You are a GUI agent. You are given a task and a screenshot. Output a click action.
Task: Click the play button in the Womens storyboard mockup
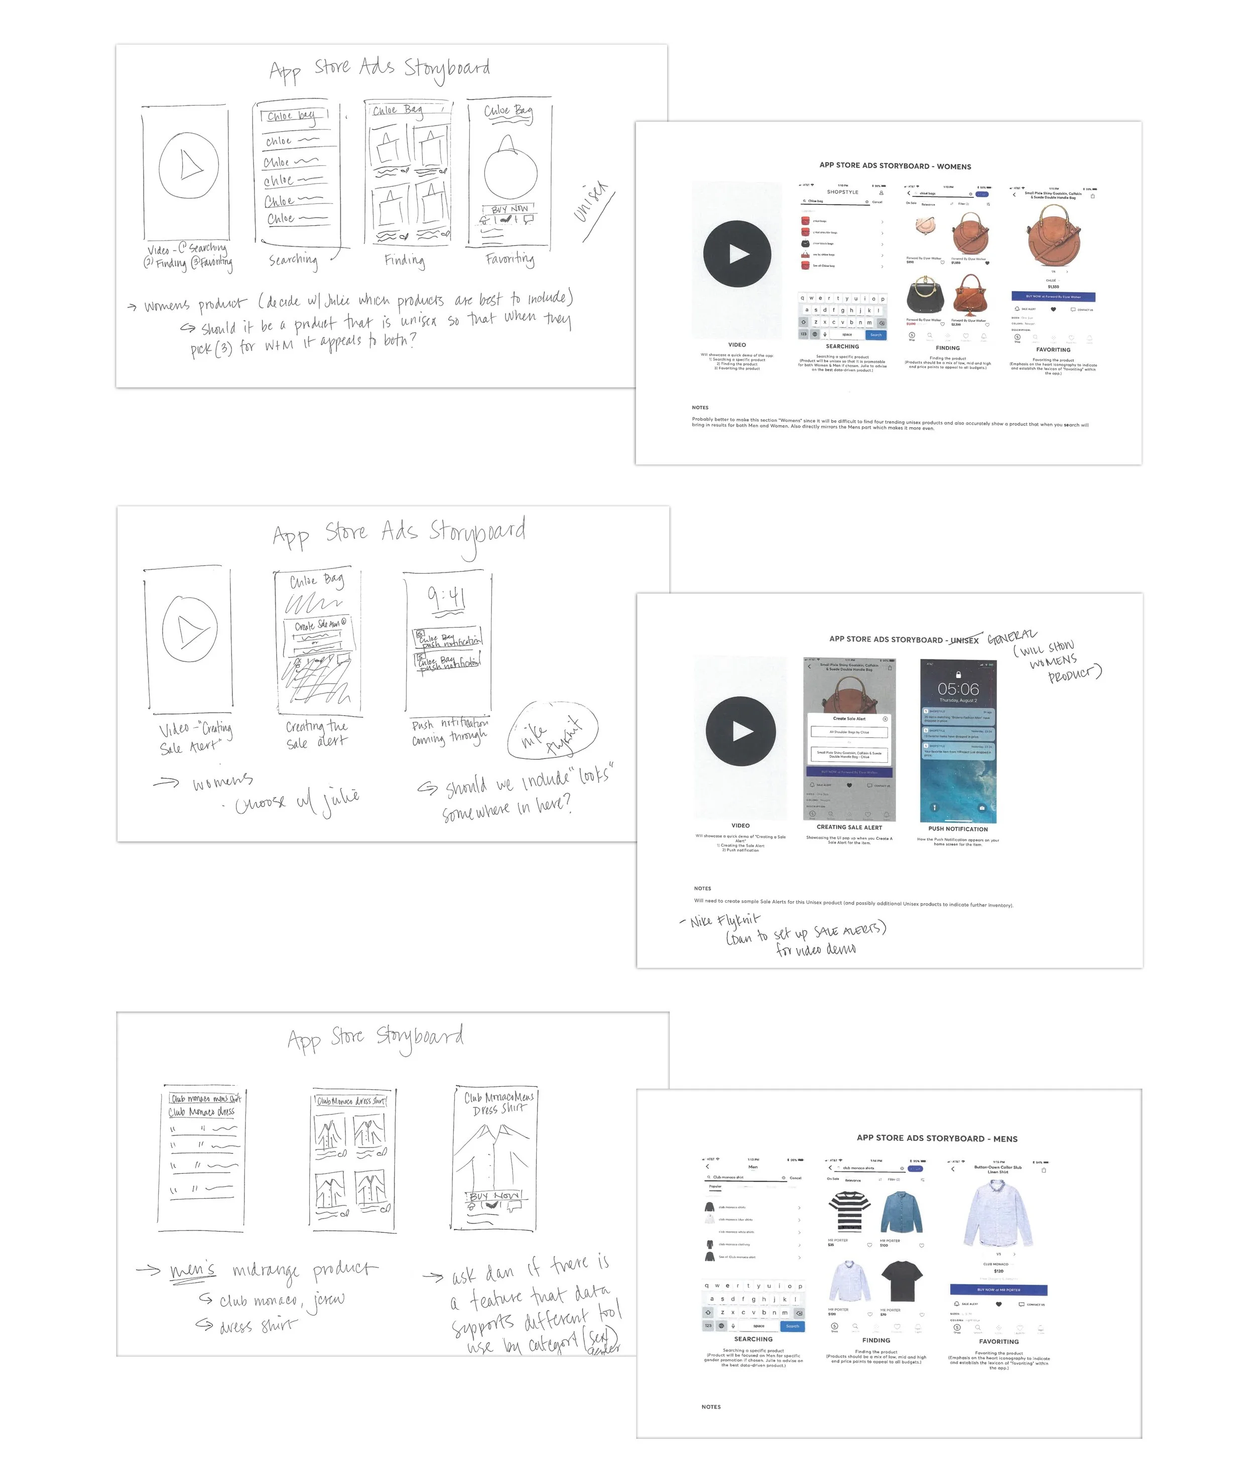pyautogui.click(x=737, y=254)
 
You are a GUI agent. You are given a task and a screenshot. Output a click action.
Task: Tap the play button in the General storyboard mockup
pyautogui.click(x=740, y=731)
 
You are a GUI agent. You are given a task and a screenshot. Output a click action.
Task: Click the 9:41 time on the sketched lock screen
pyautogui.click(x=446, y=598)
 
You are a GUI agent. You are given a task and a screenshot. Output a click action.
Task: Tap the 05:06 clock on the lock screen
pyautogui.click(x=958, y=689)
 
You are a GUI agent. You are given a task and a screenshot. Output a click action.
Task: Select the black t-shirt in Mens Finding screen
pyautogui.click(x=902, y=1282)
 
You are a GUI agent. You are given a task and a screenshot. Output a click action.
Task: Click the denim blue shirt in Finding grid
pyautogui.click(x=902, y=1212)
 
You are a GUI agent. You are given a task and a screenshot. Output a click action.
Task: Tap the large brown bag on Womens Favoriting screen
pyautogui.click(x=1052, y=236)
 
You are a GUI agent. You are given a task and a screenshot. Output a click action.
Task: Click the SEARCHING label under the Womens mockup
pyautogui.click(x=842, y=347)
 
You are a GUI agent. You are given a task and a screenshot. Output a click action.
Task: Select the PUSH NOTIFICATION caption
pyautogui.click(x=958, y=829)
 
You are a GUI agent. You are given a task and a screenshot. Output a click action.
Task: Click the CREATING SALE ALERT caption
pyautogui.click(x=849, y=828)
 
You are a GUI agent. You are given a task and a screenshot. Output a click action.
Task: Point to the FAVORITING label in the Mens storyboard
pyautogui.click(x=998, y=1341)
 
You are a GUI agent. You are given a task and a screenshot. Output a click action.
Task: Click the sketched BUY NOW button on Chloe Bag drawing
pyautogui.click(x=510, y=209)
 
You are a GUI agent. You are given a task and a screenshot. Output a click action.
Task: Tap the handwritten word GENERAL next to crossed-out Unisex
pyautogui.click(x=1012, y=636)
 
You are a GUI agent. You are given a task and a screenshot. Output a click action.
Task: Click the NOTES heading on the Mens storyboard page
pyautogui.click(x=711, y=1407)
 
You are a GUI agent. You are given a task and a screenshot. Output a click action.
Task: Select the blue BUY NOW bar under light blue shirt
pyautogui.click(x=998, y=1290)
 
